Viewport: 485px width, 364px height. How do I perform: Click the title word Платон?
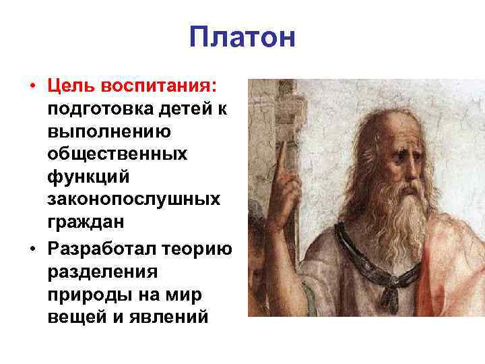[242, 37]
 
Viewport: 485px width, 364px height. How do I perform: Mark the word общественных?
[117, 154]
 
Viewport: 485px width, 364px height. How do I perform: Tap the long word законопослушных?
[133, 200]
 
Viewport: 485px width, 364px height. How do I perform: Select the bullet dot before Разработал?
[32, 248]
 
